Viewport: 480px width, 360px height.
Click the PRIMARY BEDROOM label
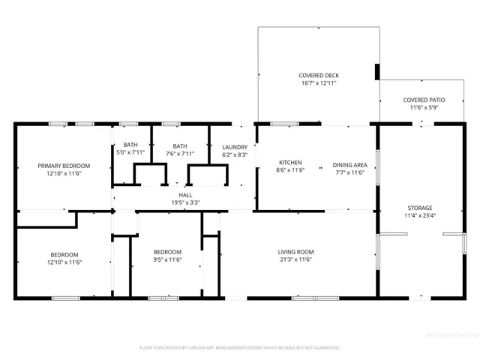64,166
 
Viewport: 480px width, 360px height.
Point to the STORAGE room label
421,208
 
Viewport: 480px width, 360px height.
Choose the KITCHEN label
290,163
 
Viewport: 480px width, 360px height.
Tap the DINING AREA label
349,163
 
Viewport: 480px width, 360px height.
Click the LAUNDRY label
235,146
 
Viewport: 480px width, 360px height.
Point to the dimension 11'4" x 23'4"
421,217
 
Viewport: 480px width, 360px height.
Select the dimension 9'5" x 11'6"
167,261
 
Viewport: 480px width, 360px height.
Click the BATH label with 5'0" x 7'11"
130,145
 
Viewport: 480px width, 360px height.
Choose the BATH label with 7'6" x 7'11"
180,145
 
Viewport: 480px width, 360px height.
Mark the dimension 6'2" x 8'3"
235,154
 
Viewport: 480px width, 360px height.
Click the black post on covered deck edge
376,71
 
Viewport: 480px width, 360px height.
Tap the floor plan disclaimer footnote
240,347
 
